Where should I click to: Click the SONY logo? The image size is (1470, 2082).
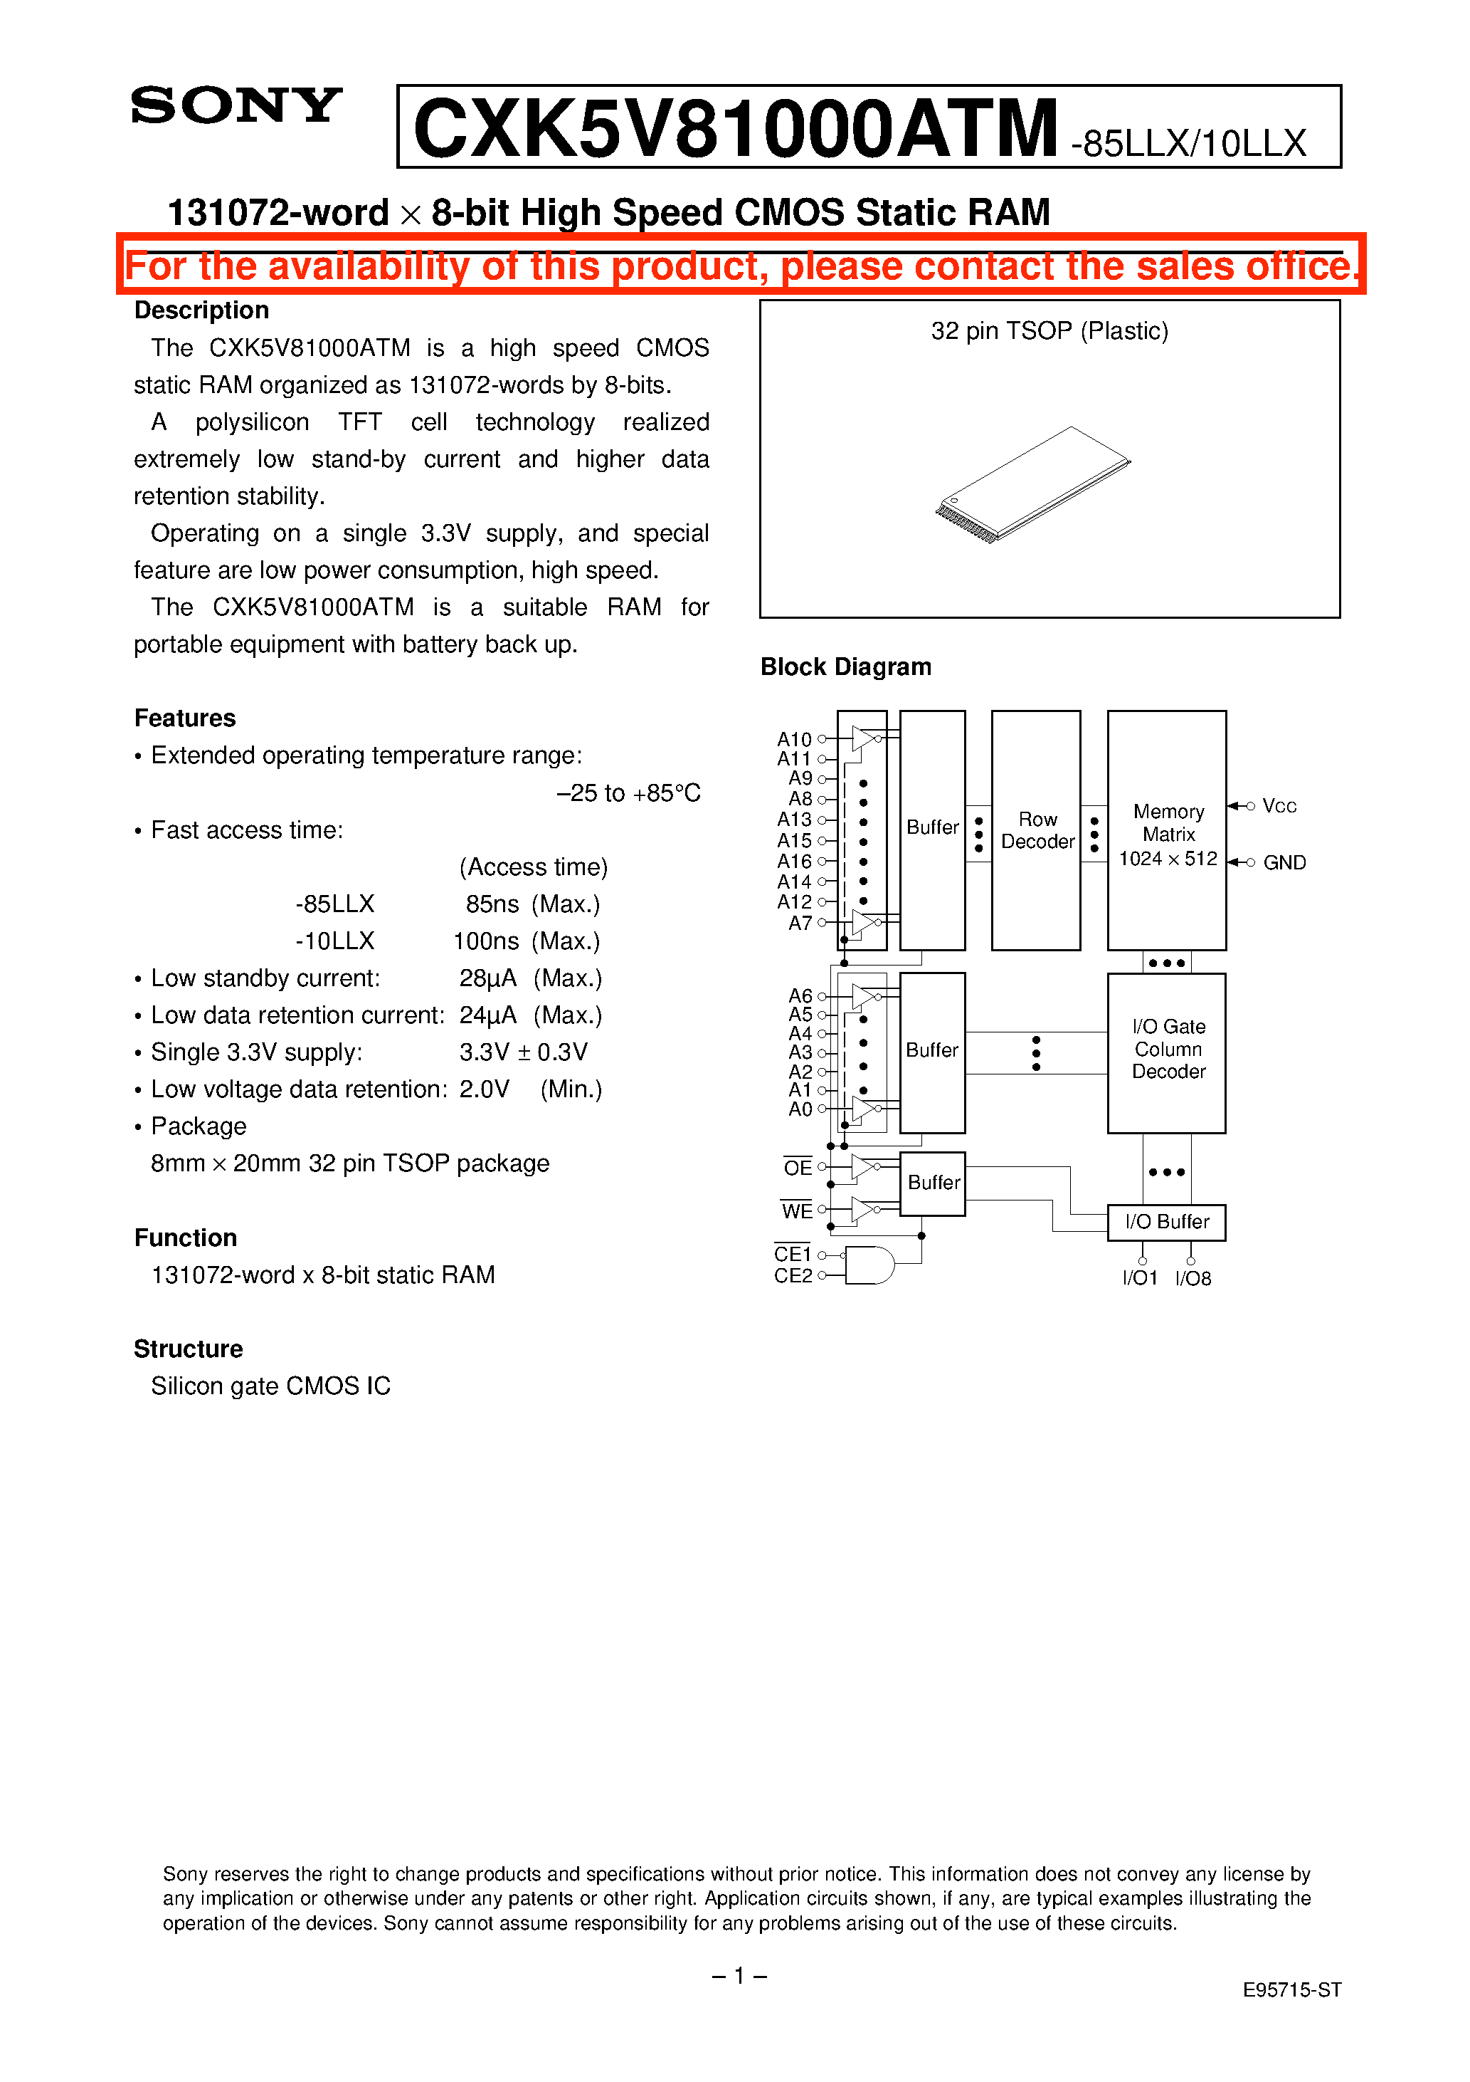[x=236, y=105]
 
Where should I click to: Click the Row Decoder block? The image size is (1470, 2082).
[x=1036, y=831]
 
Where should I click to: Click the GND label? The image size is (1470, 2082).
[x=1284, y=862]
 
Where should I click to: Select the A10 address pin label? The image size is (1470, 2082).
[x=794, y=739]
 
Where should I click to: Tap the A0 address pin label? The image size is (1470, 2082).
[x=800, y=1109]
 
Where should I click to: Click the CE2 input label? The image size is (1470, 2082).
[x=793, y=1276]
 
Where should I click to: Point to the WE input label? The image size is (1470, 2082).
[x=797, y=1211]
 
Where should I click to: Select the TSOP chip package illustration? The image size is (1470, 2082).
[x=1033, y=485]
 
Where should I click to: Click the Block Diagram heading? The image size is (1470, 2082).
[x=845, y=666]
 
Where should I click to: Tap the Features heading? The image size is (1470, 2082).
[x=185, y=718]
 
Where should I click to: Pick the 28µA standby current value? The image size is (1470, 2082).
[x=487, y=978]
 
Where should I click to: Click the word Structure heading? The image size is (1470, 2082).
[x=189, y=1349]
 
